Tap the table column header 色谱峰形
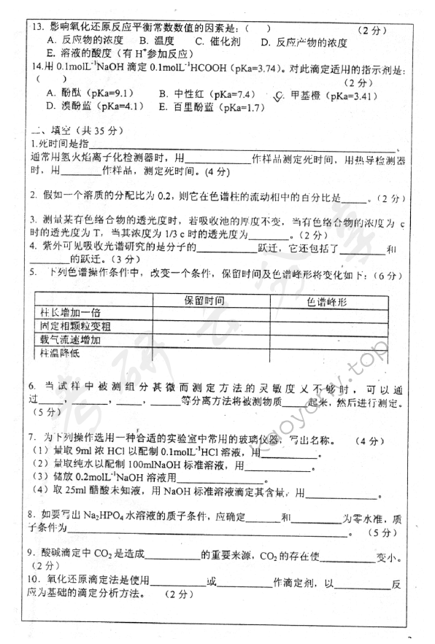[339, 300]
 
